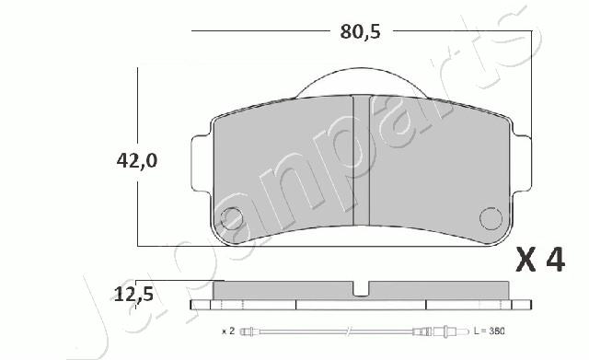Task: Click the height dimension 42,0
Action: point(137,160)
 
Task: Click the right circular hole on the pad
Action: point(491,219)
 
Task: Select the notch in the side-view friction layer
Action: point(362,290)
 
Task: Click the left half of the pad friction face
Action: point(285,175)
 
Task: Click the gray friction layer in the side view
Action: point(285,289)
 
